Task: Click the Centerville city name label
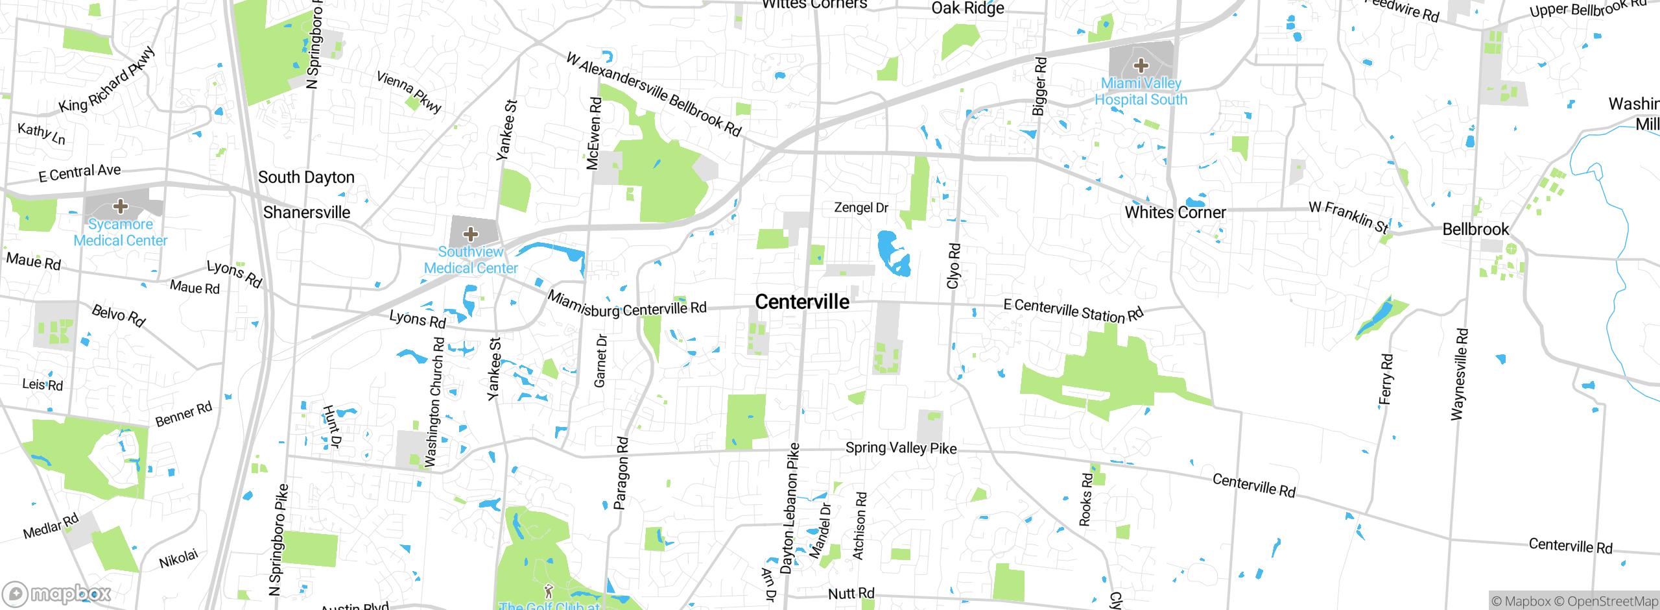[802, 302]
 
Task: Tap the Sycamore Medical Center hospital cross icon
[120, 206]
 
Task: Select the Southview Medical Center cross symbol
[471, 234]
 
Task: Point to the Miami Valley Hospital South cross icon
[1141, 65]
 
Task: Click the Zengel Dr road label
[861, 208]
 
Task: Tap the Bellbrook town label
[1476, 229]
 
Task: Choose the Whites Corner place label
[1175, 212]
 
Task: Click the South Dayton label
[306, 177]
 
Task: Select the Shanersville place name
[307, 212]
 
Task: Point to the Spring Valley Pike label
[901, 447]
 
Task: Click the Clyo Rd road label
[953, 266]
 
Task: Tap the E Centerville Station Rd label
[1073, 310]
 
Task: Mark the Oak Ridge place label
[967, 8]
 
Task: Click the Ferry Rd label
[1386, 379]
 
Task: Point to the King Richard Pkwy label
[107, 79]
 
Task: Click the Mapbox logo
[57, 593]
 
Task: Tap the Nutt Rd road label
[851, 593]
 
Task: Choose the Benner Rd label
[184, 414]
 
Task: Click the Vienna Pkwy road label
[409, 91]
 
